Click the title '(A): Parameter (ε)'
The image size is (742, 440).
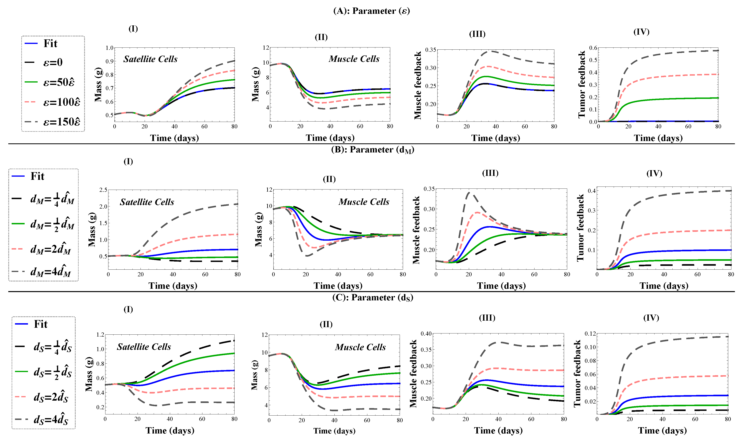point(371,11)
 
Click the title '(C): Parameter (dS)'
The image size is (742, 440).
point(373,298)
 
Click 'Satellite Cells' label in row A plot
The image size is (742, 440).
point(150,59)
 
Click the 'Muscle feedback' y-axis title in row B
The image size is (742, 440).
point(416,230)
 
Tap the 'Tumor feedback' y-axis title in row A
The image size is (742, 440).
point(582,84)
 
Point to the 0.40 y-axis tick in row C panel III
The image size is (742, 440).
point(426,334)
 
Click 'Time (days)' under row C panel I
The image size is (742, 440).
point(170,431)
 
